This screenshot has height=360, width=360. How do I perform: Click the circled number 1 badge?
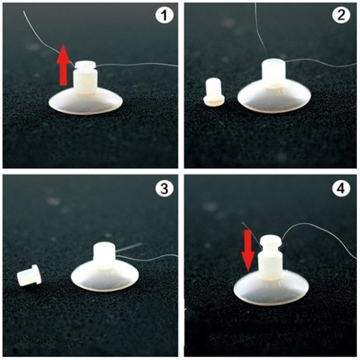coord(164,16)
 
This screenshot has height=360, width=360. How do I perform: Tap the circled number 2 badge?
coord(342,16)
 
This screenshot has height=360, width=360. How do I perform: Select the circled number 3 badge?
coord(164,189)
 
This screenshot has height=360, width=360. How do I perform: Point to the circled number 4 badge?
coord(342,189)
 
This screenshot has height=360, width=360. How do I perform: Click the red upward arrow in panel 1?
coord(63,65)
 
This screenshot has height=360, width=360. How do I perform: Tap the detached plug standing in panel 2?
coord(215,92)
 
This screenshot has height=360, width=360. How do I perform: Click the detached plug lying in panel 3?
coord(29,275)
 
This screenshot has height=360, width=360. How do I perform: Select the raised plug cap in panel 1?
coord(85,65)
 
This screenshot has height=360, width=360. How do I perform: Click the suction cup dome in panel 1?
coord(86,103)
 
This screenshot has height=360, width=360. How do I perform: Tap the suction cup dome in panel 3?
coord(105,278)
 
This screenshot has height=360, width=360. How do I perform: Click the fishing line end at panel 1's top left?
coord(24,12)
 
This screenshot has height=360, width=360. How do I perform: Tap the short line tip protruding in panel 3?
coord(141,244)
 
